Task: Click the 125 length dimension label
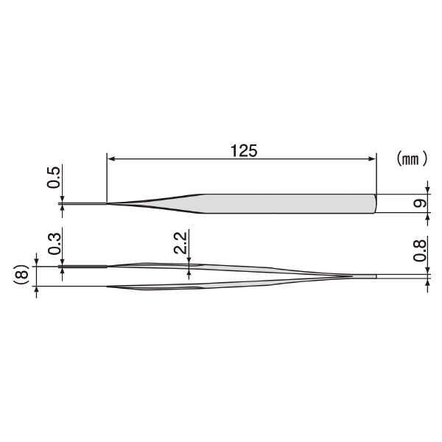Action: [244, 151]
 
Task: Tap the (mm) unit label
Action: [412, 158]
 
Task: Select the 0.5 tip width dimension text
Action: [54, 178]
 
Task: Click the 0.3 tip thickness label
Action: [54, 244]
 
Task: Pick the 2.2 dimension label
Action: [180, 242]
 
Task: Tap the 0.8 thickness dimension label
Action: [420, 250]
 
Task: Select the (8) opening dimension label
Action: [22, 275]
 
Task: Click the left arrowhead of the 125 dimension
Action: [111, 159]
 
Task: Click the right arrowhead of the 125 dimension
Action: [372, 159]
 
